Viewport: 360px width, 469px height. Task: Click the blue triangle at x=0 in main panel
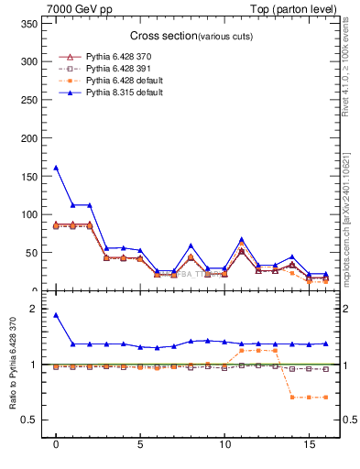point(56,168)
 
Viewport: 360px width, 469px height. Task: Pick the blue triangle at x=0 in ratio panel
point(56,315)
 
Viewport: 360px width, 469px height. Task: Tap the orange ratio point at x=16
point(324,397)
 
